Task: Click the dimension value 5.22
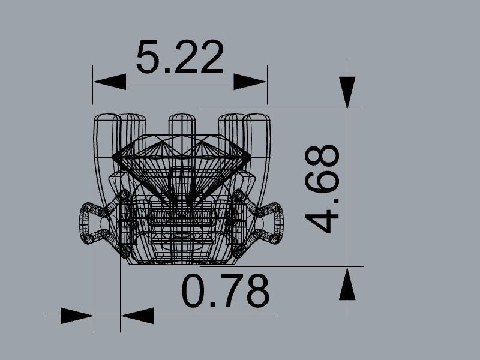(x=179, y=58)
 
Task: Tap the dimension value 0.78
(x=226, y=291)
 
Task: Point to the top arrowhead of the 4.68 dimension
(x=347, y=93)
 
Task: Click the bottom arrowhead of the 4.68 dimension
(x=347, y=283)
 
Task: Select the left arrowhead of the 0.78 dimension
(x=77, y=316)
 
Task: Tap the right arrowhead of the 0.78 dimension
(x=137, y=316)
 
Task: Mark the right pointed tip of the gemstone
(x=249, y=157)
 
